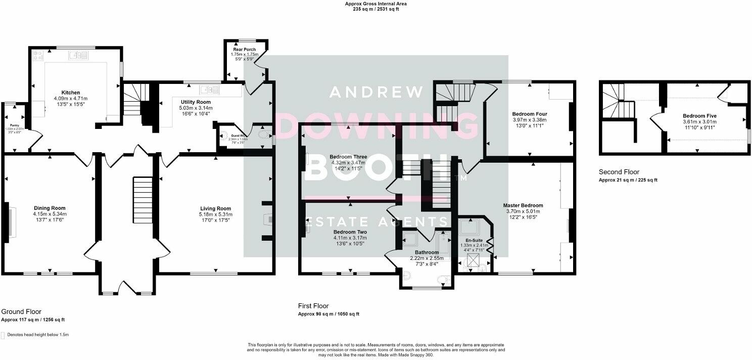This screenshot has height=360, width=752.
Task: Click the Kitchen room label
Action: [71, 93]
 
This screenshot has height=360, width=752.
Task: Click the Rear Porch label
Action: [244, 50]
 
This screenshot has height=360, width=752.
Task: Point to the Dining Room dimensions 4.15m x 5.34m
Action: [50, 214]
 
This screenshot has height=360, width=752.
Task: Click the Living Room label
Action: [215, 208]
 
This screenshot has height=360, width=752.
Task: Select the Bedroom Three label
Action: [341, 157]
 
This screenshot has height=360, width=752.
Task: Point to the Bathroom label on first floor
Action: [427, 252]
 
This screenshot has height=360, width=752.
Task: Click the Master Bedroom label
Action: [523, 205]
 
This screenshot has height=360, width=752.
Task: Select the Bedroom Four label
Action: [529, 114]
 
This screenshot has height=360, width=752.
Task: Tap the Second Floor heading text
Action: [619, 172]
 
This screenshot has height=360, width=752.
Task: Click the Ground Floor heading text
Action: [21, 312]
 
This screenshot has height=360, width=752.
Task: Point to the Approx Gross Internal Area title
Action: [375, 4]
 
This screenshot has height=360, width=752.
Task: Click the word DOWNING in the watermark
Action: [376, 126]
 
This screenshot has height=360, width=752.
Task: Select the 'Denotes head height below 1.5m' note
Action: [37, 335]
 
